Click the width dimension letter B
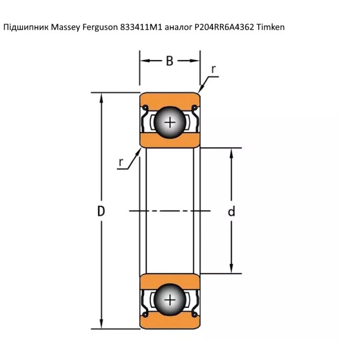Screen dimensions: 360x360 (170, 61)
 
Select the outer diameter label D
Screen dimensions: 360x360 (101, 211)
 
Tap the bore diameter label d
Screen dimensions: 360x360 (231, 211)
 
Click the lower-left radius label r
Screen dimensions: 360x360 (121, 163)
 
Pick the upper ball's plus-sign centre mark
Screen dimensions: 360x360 (170, 123)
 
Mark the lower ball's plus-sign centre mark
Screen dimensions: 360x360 (170, 299)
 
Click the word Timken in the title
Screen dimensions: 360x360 (270, 27)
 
